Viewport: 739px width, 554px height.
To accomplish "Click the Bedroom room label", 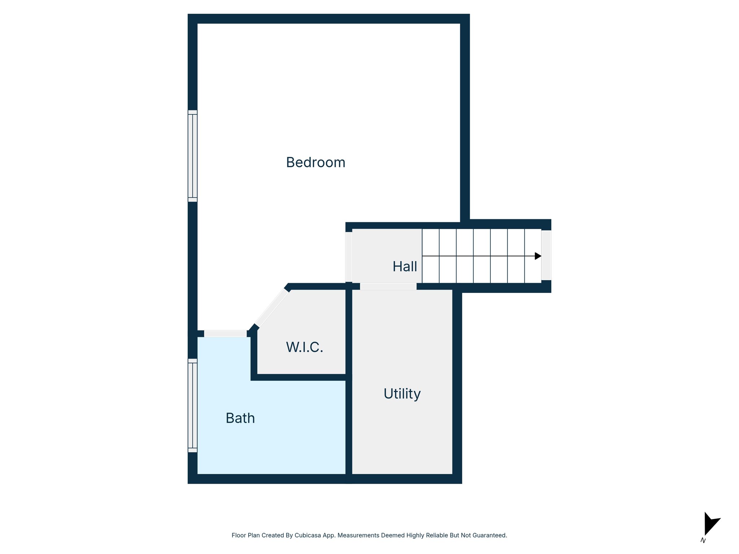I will click(x=316, y=163).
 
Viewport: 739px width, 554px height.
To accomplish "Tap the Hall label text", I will click(x=405, y=267).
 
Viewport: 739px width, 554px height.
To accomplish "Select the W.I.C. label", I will click(x=305, y=347).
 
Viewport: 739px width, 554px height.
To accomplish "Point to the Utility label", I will click(x=402, y=394).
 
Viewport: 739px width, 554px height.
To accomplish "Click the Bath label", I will click(x=240, y=418).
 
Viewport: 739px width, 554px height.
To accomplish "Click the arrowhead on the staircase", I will click(x=538, y=256).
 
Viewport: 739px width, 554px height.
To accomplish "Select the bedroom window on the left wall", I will click(x=193, y=156).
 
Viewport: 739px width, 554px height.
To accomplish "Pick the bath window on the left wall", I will click(x=193, y=405).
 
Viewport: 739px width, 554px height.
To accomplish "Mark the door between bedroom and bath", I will click(x=226, y=334).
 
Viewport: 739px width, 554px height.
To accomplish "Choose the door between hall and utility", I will click(x=388, y=286).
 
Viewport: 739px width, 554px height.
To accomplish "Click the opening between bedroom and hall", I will click(x=349, y=257).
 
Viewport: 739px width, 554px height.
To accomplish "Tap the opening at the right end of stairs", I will click(x=546, y=255).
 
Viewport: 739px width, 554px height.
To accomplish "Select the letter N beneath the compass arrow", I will click(x=703, y=541).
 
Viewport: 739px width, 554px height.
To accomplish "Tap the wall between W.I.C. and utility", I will click(x=349, y=332).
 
